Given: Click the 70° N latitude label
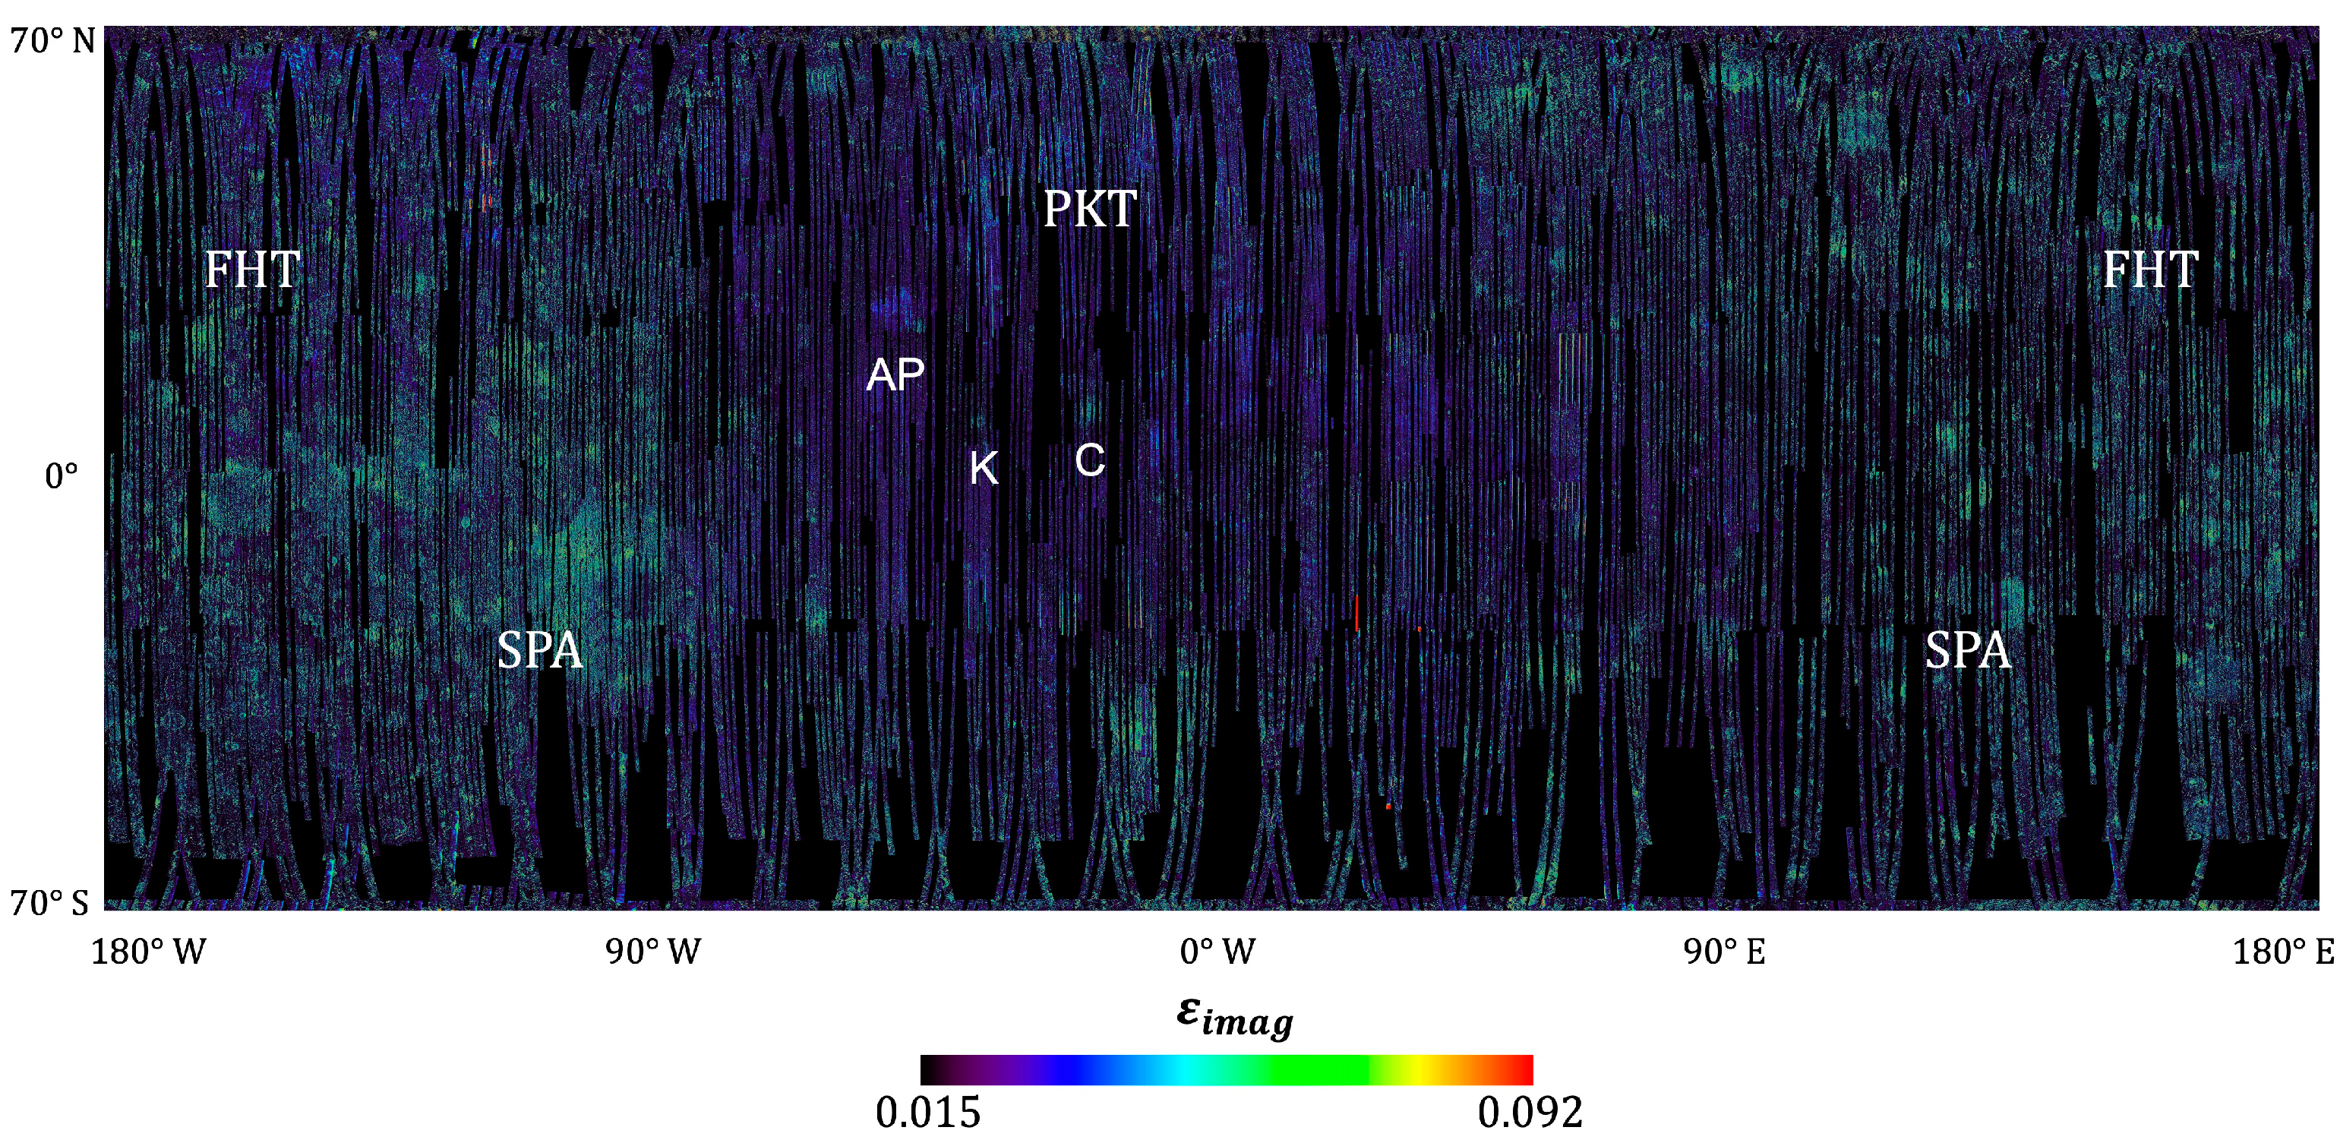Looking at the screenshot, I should pos(52,41).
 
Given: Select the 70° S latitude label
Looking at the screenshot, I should pos(50,902).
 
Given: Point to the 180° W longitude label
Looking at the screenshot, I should pos(148,952).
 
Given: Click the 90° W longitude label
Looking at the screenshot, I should pos(653,952).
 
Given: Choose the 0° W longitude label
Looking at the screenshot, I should pos(1217,952).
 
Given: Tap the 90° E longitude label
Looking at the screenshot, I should pos(1723,952).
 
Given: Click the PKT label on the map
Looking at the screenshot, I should pos(1089,209).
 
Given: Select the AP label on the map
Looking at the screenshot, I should pos(895,374).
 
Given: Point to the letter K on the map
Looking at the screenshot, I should pos(984,469).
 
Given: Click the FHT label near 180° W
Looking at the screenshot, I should pos(251,270).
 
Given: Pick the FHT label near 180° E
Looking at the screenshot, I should pos(2150,270).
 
